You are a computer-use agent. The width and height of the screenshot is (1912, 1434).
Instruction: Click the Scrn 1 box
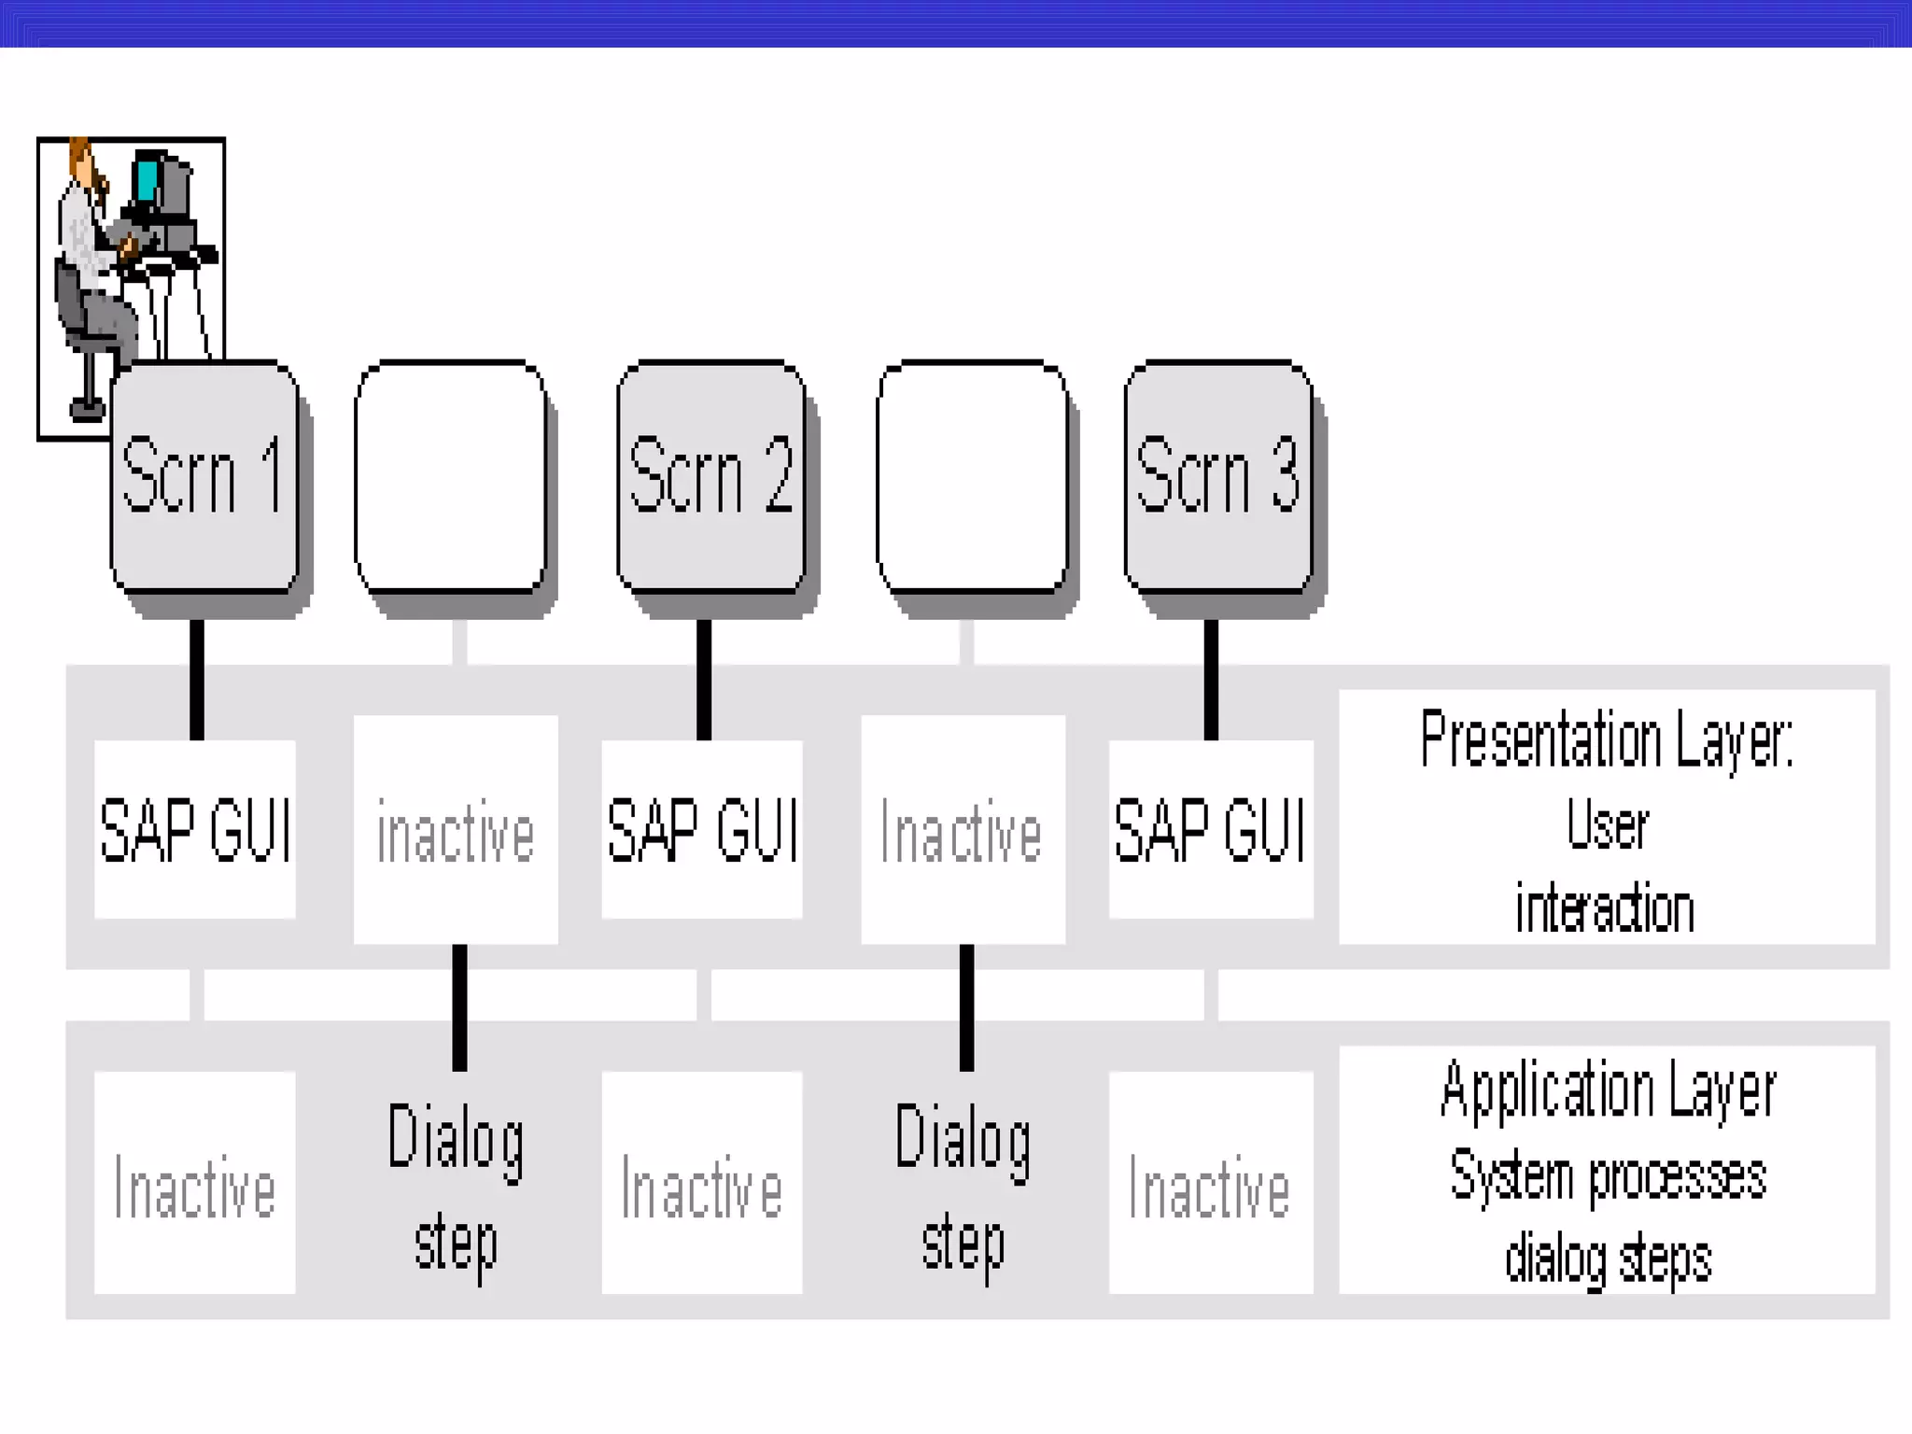point(204,476)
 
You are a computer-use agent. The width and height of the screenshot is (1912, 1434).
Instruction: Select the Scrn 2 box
point(710,476)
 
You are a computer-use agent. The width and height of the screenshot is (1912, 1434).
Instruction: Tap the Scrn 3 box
point(1218,476)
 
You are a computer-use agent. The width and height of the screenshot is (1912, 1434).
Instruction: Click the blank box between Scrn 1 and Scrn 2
point(451,476)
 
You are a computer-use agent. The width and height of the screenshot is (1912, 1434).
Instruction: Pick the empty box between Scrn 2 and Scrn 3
point(972,476)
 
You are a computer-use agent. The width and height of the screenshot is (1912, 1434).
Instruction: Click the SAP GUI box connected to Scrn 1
point(195,829)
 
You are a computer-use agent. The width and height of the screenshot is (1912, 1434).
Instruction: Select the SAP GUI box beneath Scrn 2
point(702,829)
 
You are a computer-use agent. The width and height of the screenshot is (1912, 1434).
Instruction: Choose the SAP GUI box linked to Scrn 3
point(1211,829)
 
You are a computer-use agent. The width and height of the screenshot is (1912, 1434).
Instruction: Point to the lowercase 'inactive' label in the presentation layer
point(456,832)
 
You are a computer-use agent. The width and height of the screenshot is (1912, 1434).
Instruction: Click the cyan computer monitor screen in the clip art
point(146,181)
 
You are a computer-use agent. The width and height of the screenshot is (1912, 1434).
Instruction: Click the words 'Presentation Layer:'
point(1607,739)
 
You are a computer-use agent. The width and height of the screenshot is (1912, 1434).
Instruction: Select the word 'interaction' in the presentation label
point(1605,908)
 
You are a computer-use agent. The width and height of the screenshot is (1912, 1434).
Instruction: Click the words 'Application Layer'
point(1608,1090)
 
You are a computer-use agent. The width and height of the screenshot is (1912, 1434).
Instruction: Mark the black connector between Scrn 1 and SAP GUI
point(197,680)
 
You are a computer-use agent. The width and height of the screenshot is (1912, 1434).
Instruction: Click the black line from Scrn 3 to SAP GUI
point(1211,680)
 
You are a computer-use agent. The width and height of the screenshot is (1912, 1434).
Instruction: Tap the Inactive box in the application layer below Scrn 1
point(195,1183)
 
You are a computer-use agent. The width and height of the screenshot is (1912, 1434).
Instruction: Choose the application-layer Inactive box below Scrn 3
point(1211,1183)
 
